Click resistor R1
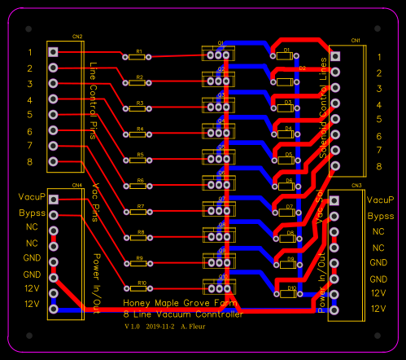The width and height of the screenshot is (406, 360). [x=139, y=57]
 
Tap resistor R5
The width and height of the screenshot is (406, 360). [x=139, y=160]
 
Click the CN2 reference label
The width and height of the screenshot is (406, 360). [x=76, y=37]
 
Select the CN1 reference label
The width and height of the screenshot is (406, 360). [x=356, y=40]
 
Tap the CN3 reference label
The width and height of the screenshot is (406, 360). [x=356, y=186]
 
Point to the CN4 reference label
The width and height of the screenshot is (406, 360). [x=76, y=185]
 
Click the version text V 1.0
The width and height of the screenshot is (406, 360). [x=132, y=326]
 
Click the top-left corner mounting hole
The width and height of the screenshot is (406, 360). [x=15, y=17]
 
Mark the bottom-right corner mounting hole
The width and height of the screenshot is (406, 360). [x=389, y=342]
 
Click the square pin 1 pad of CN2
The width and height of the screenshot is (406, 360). [x=54, y=52]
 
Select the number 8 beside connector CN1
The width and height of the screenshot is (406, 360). [x=378, y=166]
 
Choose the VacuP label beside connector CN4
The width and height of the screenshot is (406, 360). [x=29, y=198]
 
